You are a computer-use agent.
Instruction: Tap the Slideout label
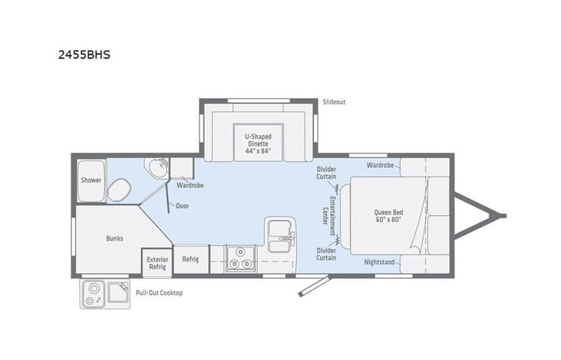click(334, 101)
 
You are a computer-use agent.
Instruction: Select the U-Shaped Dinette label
click(258, 141)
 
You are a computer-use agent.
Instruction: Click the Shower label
click(91, 180)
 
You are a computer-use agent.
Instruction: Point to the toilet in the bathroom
click(119, 189)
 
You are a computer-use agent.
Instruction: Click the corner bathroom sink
click(157, 167)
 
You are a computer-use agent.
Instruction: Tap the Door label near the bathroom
click(182, 206)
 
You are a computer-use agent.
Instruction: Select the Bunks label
click(114, 238)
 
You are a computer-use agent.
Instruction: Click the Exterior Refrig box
click(157, 262)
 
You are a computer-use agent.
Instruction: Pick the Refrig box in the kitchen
click(190, 259)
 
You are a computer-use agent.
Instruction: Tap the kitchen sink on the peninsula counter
click(279, 231)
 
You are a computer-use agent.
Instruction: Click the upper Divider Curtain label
click(326, 173)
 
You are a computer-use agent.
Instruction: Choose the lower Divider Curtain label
click(326, 253)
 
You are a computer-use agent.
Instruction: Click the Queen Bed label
click(388, 216)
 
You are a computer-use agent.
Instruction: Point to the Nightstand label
click(380, 263)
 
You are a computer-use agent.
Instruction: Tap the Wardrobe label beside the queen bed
click(380, 165)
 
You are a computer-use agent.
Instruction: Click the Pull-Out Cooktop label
click(159, 293)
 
